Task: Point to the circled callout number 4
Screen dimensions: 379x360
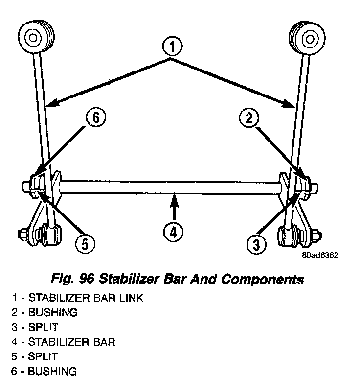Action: tap(173, 232)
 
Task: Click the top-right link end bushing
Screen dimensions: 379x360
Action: tap(307, 37)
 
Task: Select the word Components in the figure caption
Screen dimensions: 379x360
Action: tap(263, 280)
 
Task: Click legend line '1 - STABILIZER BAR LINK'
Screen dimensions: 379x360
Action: tap(77, 298)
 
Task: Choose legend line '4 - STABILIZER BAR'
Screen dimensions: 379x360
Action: tap(63, 342)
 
